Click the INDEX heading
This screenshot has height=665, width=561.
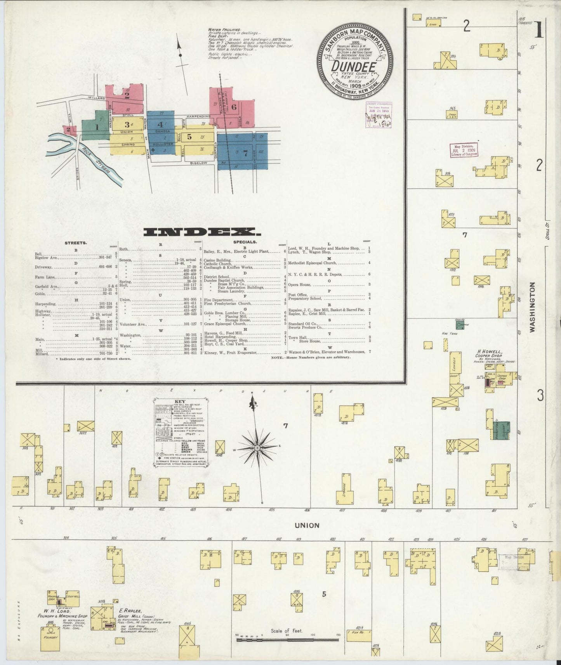[202, 232]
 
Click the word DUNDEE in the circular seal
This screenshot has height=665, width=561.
[353, 67]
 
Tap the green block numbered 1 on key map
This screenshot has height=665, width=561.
[96, 126]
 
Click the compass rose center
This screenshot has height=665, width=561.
[257, 449]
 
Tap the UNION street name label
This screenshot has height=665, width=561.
[307, 525]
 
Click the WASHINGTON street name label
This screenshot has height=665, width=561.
[532, 307]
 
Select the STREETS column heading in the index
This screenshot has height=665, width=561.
[76, 243]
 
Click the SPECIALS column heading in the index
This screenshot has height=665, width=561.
[245, 242]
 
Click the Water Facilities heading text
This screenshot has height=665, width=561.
[224, 29]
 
